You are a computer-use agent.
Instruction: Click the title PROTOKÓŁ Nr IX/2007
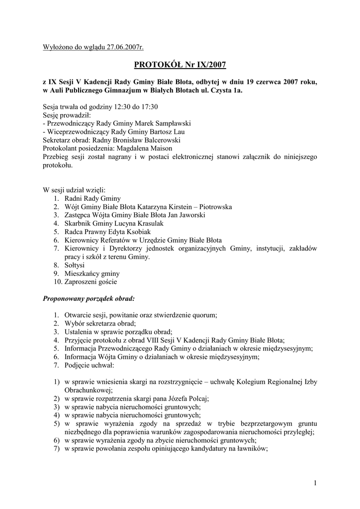(180, 64)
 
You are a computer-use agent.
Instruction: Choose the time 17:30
(148, 106)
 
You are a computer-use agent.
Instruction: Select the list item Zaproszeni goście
(90, 282)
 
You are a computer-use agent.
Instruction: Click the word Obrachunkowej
(89, 391)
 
